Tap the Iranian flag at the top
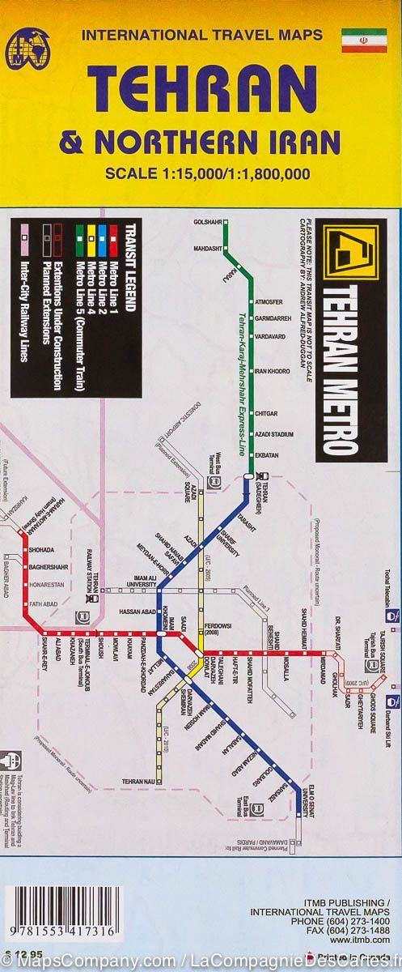[363, 40]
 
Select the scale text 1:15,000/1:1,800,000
[218, 172]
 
